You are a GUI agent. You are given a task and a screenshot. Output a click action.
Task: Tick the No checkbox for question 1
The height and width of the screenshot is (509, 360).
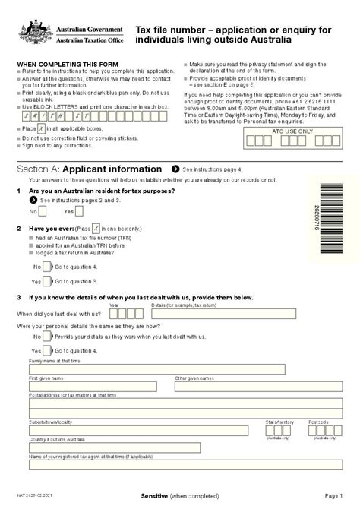tap(43, 211)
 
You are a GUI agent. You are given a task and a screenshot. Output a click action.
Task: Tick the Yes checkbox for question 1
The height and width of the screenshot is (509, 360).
tap(79, 211)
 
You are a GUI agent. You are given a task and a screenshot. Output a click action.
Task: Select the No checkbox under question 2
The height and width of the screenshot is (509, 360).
tap(47, 267)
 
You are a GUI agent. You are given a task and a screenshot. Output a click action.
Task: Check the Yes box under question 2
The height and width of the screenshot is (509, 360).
tap(47, 280)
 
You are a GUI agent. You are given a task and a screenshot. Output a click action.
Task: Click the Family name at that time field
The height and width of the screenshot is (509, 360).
tap(156, 369)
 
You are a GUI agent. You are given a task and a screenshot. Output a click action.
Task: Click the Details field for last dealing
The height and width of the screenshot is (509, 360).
tap(223, 313)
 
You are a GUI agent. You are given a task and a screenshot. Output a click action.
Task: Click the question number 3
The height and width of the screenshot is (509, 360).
tap(18, 298)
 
